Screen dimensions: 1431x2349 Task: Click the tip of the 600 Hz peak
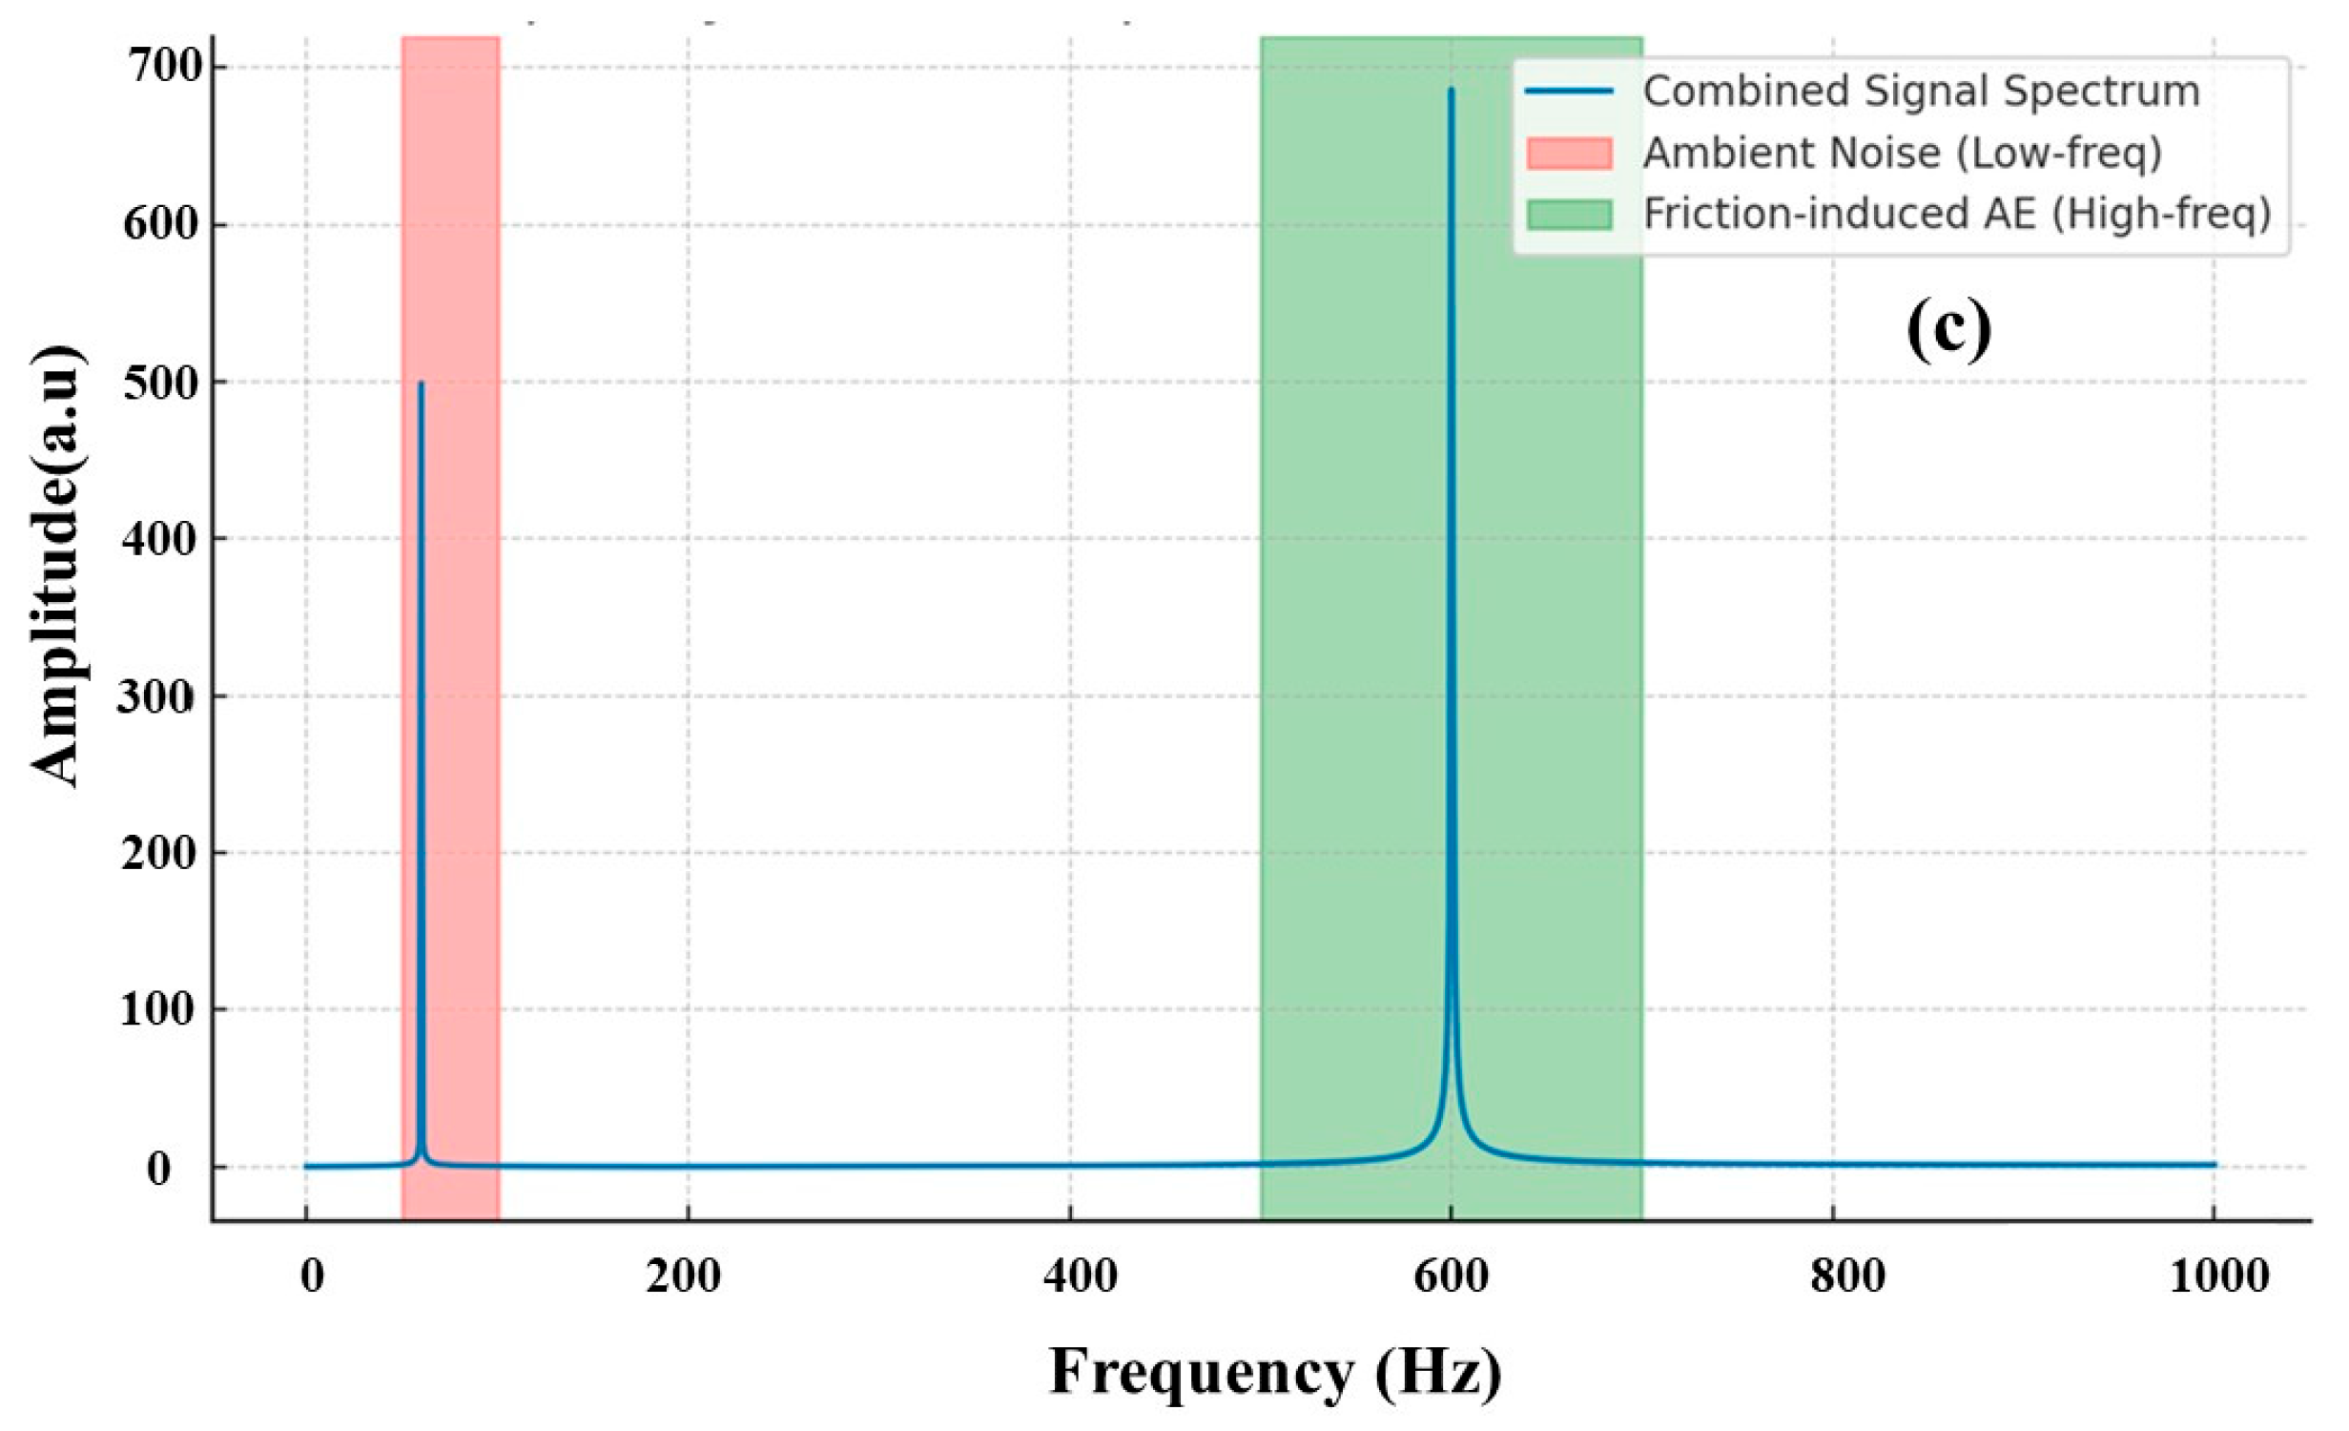(x=1451, y=90)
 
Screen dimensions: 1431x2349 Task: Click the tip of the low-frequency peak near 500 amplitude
(x=421, y=383)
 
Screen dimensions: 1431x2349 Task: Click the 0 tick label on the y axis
(x=159, y=1168)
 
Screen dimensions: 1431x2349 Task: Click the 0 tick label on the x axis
(x=312, y=1276)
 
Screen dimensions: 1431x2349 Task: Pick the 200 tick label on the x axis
(x=683, y=1276)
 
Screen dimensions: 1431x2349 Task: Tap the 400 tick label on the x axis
(x=1080, y=1276)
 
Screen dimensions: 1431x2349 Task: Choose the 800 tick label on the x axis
(x=1847, y=1276)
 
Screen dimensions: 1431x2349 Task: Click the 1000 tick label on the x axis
(x=2219, y=1276)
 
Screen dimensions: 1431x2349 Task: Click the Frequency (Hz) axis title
(x=1276, y=1372)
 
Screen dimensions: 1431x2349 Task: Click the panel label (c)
(x=1948, y=327)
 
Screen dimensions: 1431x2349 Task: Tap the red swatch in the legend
(x=1569, y=153)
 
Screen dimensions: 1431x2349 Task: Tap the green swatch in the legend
(x=1569, y=214)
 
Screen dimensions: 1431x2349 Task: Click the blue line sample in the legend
(x=1569, y=92)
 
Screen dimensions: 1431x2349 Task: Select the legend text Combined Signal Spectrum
(x=1921, y=92)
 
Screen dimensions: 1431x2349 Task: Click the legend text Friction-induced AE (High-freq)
(x=1957, y=214)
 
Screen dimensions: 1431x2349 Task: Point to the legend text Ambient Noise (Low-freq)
(x=1902, y=153)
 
